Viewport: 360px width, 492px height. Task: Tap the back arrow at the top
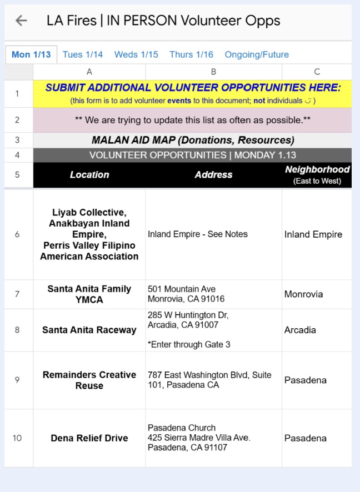[21, 21]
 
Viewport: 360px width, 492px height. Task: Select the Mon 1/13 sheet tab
[31, 54]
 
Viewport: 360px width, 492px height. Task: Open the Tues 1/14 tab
[83, 54]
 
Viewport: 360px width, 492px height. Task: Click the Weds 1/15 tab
[136, 54]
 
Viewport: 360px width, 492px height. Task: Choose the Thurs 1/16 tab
[191, 54]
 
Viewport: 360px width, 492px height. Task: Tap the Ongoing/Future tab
[257, 54]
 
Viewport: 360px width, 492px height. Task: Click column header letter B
[213, 72]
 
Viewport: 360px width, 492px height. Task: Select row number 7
[17, 294]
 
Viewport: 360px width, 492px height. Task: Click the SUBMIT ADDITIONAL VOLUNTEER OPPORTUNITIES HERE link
[193, 88]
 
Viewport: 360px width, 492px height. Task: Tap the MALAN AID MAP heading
[193, 140]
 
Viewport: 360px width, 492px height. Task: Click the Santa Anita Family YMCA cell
[89, 294]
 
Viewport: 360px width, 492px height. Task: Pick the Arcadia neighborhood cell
[300, 330]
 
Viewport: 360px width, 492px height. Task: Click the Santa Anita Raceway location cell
[89, 330]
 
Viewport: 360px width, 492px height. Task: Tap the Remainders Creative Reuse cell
[89, 380]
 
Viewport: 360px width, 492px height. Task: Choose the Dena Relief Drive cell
[89, 438]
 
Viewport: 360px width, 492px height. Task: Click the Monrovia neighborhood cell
[303, 294]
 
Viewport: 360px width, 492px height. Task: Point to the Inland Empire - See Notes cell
[198, 234]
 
